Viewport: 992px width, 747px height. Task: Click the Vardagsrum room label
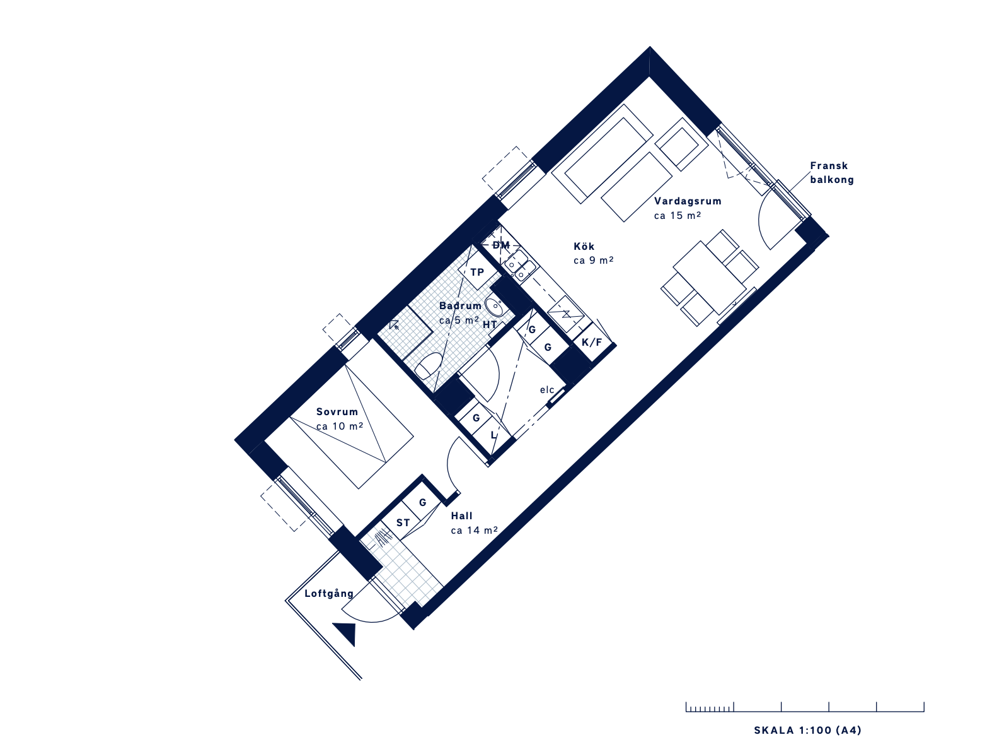pos(688,201)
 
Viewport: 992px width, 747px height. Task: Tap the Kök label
pos(584,247)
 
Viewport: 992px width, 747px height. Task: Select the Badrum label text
pos(460,306)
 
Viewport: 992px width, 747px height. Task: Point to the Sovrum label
pos(337,412)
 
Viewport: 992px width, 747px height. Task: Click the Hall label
pos(461,516)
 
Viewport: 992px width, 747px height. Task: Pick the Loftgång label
pos(329,594)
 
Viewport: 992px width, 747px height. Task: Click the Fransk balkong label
pos(831,173)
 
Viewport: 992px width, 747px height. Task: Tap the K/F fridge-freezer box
pos(592,343)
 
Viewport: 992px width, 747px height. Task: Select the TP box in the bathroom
pos(477,271)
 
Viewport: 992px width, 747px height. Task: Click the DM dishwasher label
pos(501,245)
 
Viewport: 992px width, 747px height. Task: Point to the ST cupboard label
pos(403,523)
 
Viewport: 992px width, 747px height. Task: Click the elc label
pos(547,389)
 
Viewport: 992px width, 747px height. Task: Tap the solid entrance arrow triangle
pos(347,633)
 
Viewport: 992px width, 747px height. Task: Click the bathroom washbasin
pos(494,307)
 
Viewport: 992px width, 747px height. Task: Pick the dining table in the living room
pos(710,278)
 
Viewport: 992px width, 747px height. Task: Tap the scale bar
pos(805,707)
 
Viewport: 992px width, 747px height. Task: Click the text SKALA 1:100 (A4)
pos(807,730)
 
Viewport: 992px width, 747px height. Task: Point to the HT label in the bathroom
pos(490,325)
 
